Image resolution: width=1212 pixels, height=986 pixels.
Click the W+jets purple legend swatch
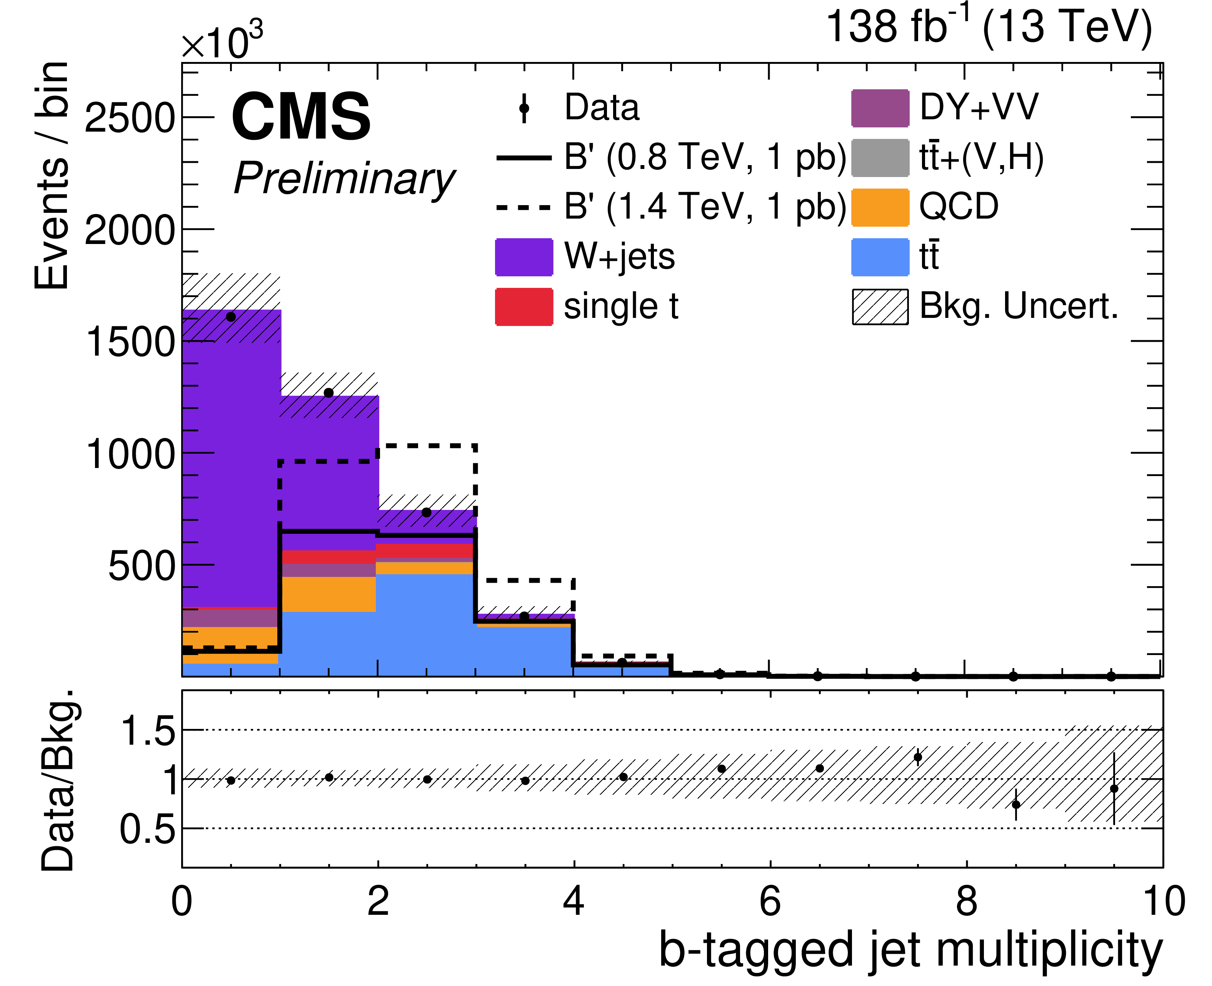pos(524,257)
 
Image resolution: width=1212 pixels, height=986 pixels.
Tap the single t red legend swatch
pos(524,307)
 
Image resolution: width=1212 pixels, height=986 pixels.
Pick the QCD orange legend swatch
pos(880,207)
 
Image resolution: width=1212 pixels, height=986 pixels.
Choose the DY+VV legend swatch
pos(880,108)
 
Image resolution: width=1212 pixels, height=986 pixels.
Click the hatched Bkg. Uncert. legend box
pos(880,307)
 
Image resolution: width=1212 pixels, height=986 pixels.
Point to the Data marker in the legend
pos(524,108)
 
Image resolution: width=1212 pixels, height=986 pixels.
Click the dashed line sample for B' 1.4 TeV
pos(524,207)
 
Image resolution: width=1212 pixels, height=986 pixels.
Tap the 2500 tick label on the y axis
pos(130,118)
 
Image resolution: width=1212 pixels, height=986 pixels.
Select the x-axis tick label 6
pos(770,900)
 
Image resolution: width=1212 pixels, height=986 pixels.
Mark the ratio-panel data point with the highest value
pos(918,757)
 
